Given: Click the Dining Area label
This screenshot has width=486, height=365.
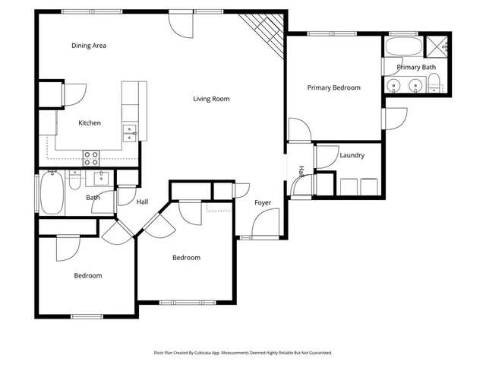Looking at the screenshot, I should coord(89,46).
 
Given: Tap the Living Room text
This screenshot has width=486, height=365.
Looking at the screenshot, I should coord(210,99).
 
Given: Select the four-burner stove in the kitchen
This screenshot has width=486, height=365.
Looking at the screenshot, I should coord(91,158).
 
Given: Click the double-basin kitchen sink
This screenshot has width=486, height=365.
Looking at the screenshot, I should coord(131,134).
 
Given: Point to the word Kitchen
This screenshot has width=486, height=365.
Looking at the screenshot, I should coord(90,123).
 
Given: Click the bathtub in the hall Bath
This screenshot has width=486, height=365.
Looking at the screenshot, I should coord(52,193).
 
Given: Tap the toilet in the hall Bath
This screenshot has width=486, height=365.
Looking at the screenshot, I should coord(75,181).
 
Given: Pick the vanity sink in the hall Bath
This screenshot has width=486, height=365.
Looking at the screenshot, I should coord(101,179).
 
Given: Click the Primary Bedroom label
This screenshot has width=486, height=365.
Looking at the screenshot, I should coord(333,88).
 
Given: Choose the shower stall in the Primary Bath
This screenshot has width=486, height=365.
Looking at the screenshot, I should coord(438,47).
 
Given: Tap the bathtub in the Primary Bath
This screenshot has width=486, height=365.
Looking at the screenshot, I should coord(402,48).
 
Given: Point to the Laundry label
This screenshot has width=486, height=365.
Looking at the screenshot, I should coord(352,155).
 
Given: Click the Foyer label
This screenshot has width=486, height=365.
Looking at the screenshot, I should coord(263,203).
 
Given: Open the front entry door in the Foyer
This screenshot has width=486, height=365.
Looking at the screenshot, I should coord(266,224).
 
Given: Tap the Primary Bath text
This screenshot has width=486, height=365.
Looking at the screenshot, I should coord(417,68).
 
